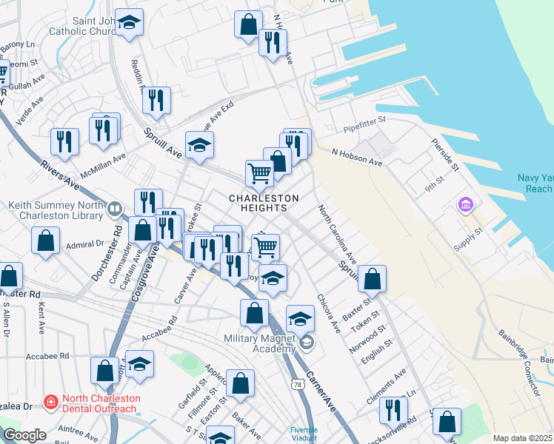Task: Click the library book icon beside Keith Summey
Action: click(x=114, y=209)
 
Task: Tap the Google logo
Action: click(x=24, y=435)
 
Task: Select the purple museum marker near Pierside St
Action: click(x=466, y=204)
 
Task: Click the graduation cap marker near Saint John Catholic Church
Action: click(x=130, y=23)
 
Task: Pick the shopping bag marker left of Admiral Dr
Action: click(x=46, y=240)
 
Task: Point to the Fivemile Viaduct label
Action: click(x=304, y=434)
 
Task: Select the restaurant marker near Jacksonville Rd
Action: click(x=393, y=408)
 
